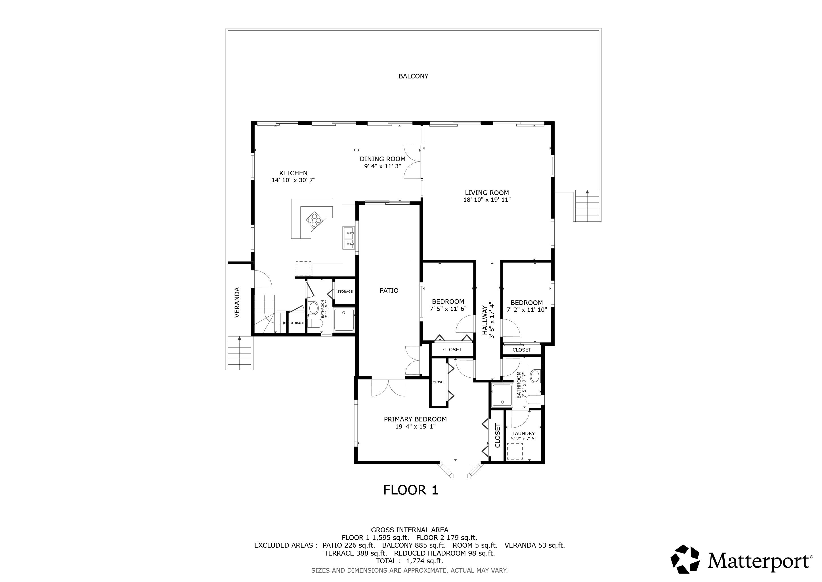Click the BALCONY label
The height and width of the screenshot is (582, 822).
(x=413, y=76)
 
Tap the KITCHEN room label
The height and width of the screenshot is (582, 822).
(x=293, y=173)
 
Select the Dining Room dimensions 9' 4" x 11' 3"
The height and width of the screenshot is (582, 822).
(x=382, y=166)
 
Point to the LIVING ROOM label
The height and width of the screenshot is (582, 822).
(x=487, y=193)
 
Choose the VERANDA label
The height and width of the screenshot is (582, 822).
(x=237, y=302)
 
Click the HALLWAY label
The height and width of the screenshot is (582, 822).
(x=485, y=320)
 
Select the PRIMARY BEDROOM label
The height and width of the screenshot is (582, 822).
(x=415, y=419)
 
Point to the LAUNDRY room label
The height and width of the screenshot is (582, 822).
(x=523, y=433)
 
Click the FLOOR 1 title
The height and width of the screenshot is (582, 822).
(x=411, y=490)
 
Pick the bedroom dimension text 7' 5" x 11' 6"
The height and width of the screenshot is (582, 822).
(x=448, y=309)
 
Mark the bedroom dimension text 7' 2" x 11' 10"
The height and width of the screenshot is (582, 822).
(x=527, y=310)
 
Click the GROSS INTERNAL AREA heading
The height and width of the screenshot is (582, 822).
(x=410, y=530)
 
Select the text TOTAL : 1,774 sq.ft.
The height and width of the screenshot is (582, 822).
(x=410, y=561)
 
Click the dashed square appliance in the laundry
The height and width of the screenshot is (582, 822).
(x=515, y=451)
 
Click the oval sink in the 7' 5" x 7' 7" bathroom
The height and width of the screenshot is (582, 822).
(x=534, y=377)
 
